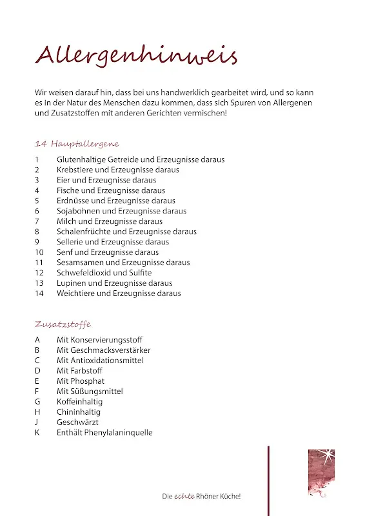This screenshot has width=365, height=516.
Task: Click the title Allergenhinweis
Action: pyautogui.click(x=136, y=55)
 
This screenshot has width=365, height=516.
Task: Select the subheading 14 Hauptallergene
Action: pyautogui.click(x=77, y=143)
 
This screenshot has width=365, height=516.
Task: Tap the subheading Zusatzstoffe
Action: pyautogui.click(x=63, y=324)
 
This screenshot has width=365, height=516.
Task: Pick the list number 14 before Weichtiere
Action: pyautogui.click(x=39, y=293)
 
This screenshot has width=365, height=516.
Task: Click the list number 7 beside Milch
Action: pyautogui.click(x=37, y=221)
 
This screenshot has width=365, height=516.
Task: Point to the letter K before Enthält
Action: pyautogui.click(x=37, y=433)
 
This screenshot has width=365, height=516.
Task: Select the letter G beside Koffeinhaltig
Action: pyautogui.click(x=37, y=402)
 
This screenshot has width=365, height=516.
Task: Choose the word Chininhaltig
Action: pyautogui.click(x=79, y=412)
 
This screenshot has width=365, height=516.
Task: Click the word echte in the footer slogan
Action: pyautogui.click(x=184, y=497)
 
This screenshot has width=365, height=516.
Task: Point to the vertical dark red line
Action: pyautogui.click(x=268, y=481)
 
